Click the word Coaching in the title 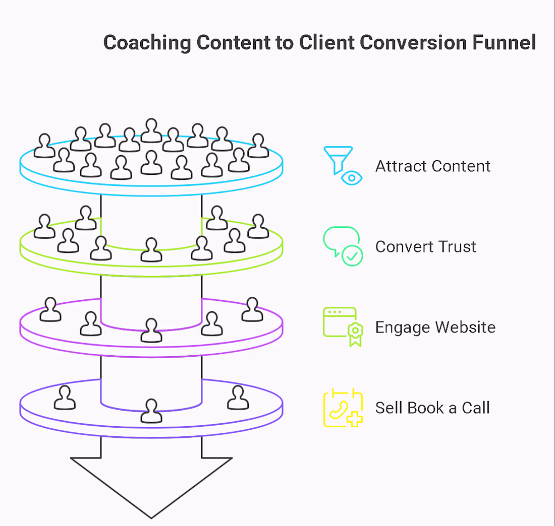click(147, 42)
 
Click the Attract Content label click(432, 166)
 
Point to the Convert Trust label click(425, 247)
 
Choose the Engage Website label click(435, 327)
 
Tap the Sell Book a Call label click(432, 408)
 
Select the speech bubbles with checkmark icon click(343, 246)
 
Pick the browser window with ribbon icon click(343, 326)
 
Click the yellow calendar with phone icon click(343, 408)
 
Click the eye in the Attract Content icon click(352, 178)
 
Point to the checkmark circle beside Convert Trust click(352, 255)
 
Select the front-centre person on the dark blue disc click(151, 411)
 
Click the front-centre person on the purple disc click(151, 330)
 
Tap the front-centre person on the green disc click(151, 250)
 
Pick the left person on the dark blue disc click(65, 398)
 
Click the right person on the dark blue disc click(238, 398)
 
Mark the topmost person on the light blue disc click(151, 130)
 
